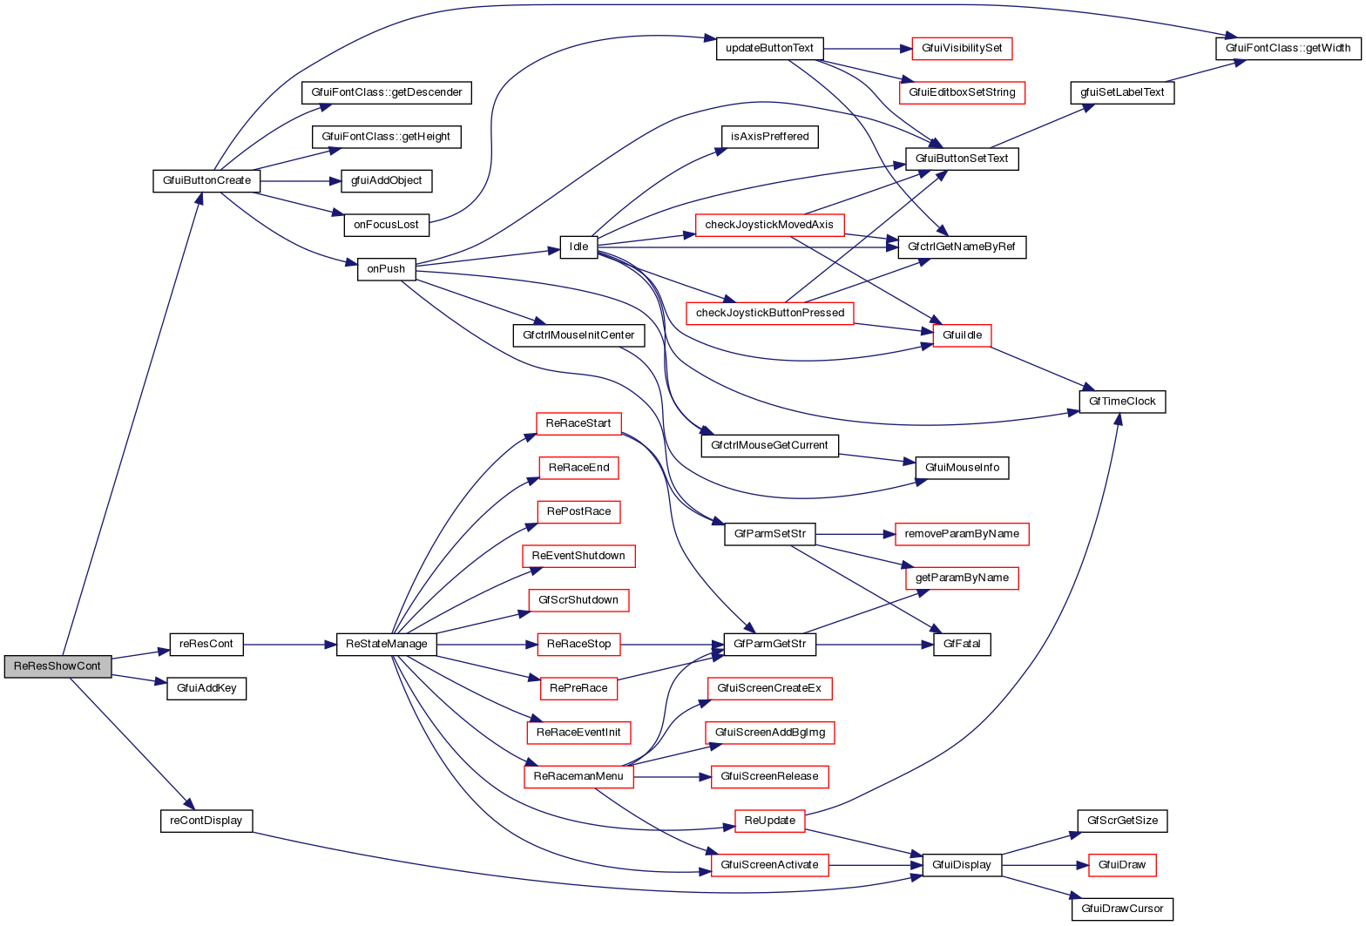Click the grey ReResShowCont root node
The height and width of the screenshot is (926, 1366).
(x=58, y=666)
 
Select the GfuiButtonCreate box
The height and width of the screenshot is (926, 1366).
(x=206, y=180)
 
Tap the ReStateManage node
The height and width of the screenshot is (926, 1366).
(x=387, y=644)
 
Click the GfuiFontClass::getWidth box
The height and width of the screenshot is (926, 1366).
(x=1288, y=48)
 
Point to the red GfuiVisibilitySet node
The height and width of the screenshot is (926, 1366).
(x=962, y=48)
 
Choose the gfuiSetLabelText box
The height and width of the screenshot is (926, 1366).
(x=1122, y=92)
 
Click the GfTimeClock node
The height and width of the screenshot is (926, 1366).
(x=1122, y=402)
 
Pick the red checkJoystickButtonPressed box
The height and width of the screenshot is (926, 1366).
(x=770, y=313)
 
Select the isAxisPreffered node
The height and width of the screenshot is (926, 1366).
(x=770, y=136)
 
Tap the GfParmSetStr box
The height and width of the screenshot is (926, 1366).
(x=770, y=533)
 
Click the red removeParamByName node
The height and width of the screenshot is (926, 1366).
(x=962, y=533)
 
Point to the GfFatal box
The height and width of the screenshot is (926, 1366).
(x=962, y=644)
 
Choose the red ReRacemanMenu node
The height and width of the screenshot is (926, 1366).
(x=578, y=776)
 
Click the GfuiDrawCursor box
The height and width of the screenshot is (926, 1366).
(x=1122, y=909)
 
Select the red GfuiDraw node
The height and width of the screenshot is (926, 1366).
(x=1122, y=865)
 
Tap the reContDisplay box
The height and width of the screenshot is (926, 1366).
(x=206, y=821)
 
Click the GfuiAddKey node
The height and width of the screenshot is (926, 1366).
(x=206, y=688)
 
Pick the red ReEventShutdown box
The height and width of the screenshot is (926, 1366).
(x=578, y=555)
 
